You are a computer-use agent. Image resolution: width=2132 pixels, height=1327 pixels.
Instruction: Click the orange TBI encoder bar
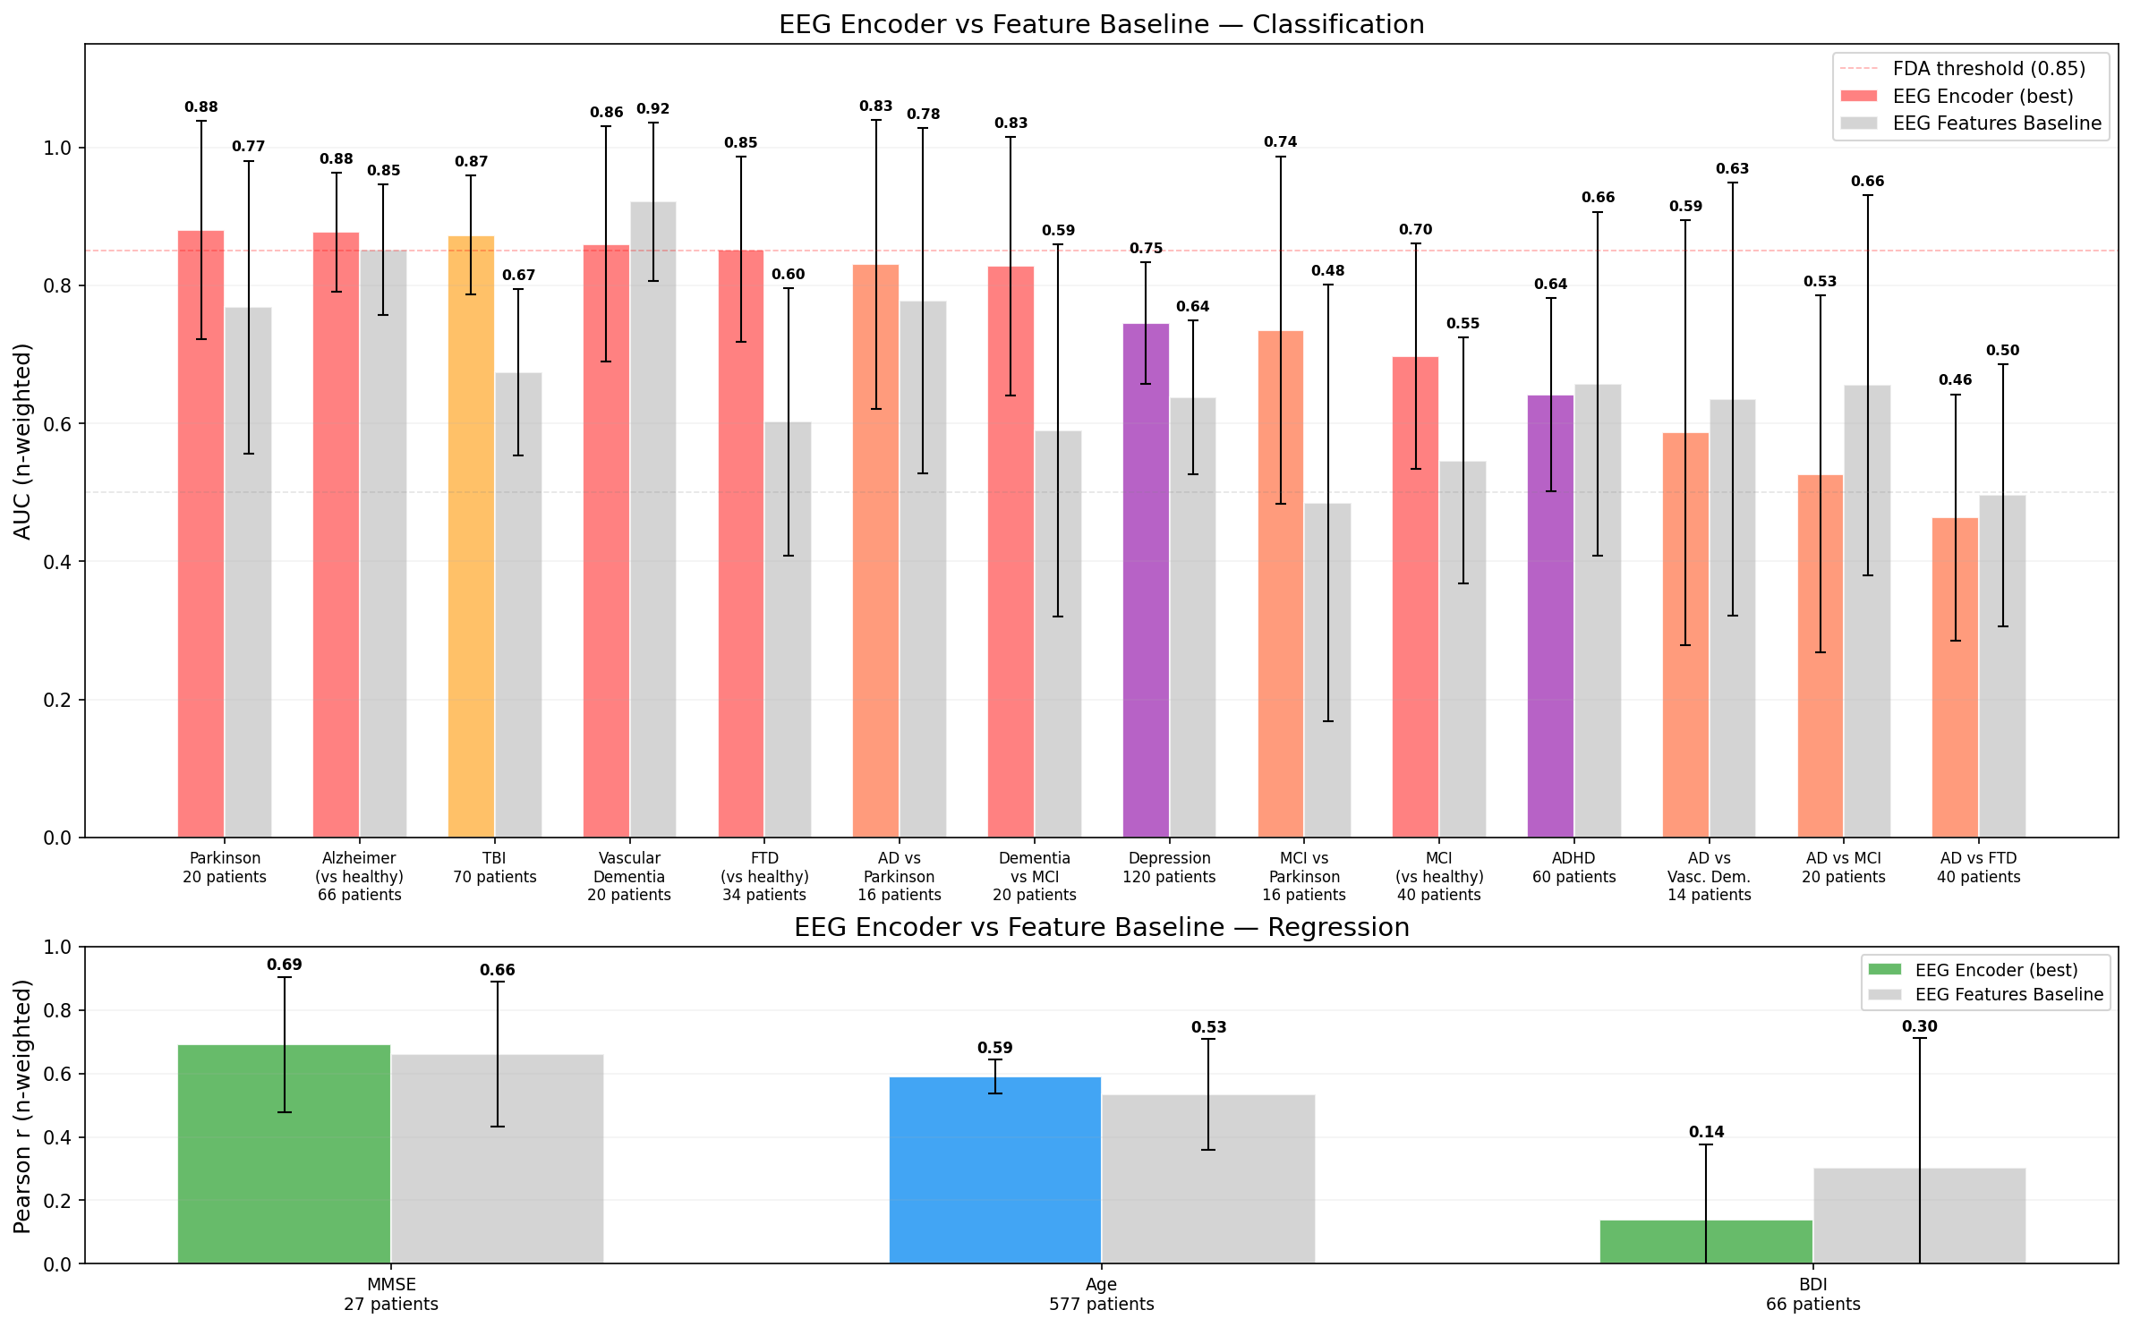pyautogui.click(x=471, y=537)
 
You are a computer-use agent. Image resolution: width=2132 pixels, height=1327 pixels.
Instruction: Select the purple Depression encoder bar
pyautogui.click(x=1146, y=582)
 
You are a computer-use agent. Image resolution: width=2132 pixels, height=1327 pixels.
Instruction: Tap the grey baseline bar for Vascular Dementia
pyautogui.click(x=653, y=519)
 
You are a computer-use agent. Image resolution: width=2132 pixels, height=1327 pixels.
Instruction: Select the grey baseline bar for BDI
pyautogui.click(x=1919, y=1216)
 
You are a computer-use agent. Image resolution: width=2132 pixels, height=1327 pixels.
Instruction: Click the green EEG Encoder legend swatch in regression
pyautogui.click(x=1884, y=970)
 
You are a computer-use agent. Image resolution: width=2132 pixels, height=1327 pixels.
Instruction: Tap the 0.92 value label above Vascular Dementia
pyautogui.click(x=653, y=109)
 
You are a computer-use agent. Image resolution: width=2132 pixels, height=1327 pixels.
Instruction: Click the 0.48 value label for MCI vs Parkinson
pyautogui.click(x=1327, y=271)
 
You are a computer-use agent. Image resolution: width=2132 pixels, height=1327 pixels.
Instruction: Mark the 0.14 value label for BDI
pyautogui.click(x=1706, y=1132)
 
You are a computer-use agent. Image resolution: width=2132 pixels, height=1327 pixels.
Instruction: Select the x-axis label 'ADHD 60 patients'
pyautogui.click(x=1573, y=868)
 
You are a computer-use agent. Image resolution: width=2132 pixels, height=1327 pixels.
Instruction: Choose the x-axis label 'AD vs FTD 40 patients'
pyautogui.click(x=1978, y=868)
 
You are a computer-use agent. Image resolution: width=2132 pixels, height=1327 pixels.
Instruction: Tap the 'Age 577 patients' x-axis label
pyautogui.click(x=1101, y=1294)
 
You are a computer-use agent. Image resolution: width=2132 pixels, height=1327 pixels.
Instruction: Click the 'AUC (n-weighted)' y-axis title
pyautogui.click(x=22, y=441)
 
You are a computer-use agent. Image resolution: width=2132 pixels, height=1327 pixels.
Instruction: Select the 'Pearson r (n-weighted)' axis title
pyautogui.click(x=22, y=1106)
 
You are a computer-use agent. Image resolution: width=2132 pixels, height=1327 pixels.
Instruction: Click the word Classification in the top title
pyautogui.click(x=1338, y=24)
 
